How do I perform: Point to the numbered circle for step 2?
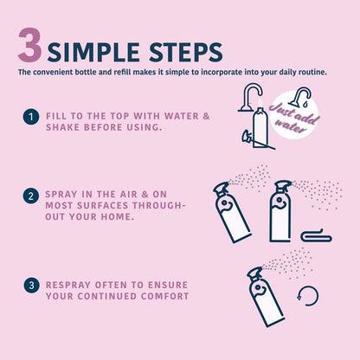coord(30,197)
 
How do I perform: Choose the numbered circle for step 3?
coord(30,284)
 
